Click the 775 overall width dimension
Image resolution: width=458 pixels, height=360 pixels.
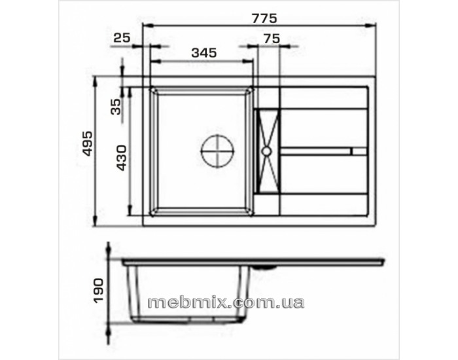pos(264,18)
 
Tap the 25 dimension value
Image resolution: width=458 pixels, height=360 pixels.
pos(122,38)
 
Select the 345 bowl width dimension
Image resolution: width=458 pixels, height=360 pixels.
pos(204,53)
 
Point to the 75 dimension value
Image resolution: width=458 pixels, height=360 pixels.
pos(272,39)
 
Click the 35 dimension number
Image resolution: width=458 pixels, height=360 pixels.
pos(116,107)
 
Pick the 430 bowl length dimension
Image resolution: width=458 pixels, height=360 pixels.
pos(122,158)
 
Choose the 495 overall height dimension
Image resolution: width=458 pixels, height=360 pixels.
pos(88,143)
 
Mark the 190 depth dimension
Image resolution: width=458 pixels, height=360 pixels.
pos(98,291)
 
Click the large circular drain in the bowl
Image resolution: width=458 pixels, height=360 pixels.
pos(218,151)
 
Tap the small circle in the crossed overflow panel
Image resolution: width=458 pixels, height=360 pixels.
pos(266,151)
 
